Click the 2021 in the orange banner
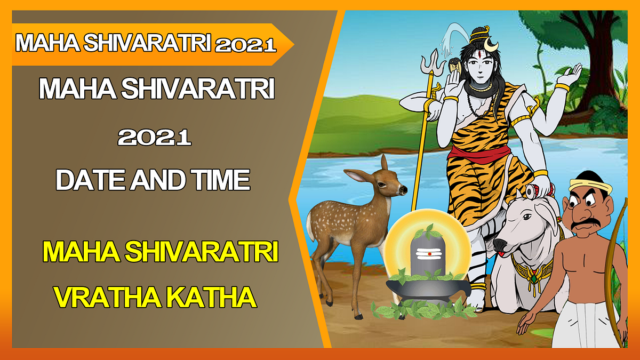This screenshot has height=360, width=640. click(246, 45)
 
